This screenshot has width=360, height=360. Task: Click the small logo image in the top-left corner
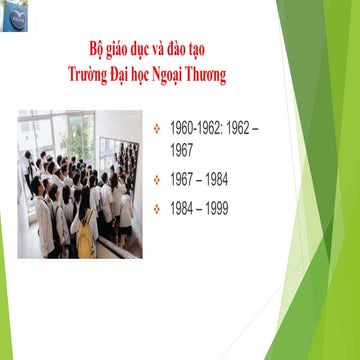coord(15,16)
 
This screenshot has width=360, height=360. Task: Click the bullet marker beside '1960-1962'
coord(157,131)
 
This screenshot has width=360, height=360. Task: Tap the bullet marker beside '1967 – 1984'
coord(157,181)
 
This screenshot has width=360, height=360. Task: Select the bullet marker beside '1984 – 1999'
coord(157,209)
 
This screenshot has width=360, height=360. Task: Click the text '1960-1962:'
coord(196,131)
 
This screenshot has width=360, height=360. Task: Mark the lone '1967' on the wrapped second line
coord(184,151)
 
